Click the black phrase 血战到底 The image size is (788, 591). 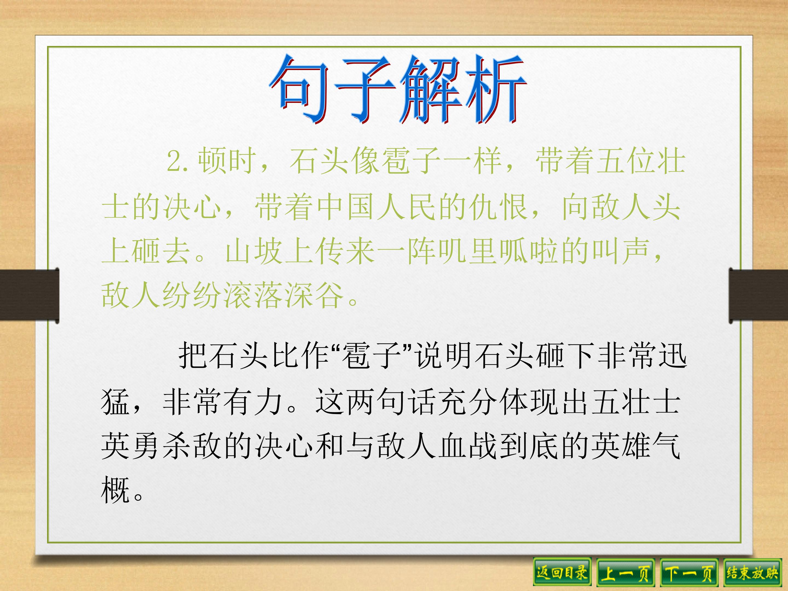(x=499, y=447)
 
